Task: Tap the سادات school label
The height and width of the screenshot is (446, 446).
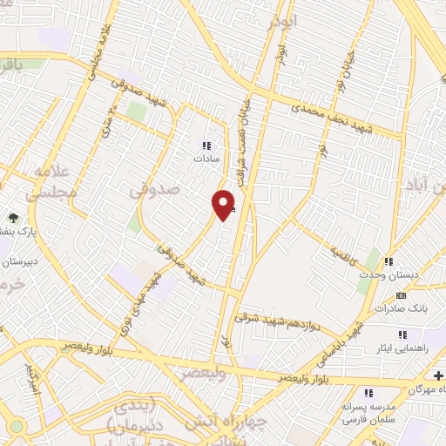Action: click(x=206, y=159)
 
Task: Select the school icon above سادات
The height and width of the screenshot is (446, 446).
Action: click(x=206, y=145)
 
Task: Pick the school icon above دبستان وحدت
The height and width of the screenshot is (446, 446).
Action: click(x=389, y=261)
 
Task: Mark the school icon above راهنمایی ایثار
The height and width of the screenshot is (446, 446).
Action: click(x=402, y=334)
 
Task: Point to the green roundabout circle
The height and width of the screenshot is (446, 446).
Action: click(x=17, y=427)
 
